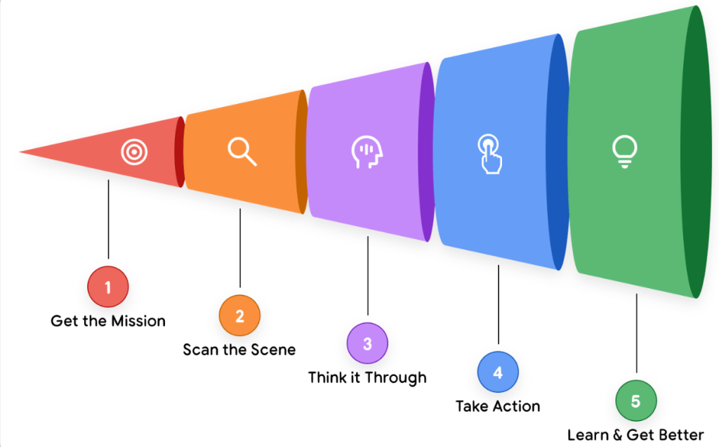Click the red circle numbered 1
coord(108,287)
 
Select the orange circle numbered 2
coord(239,316)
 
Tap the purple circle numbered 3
coord(367,344)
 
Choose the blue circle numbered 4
coord(498,372)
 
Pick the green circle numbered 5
coord(635,401)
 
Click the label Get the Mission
coord(108,321)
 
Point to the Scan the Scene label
coord(239,349)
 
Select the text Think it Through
coord(367,377)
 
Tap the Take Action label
coord(498,406)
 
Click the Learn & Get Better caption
coord(635,434)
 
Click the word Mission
coord(140,321)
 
